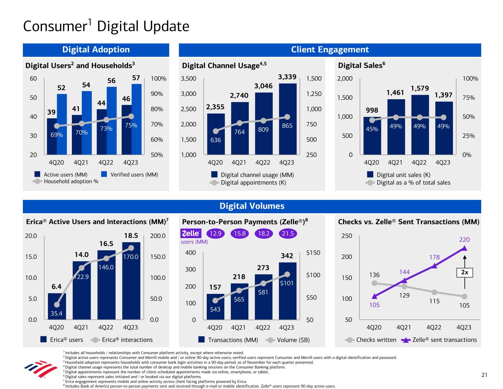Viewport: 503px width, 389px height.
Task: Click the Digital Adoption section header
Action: [96, 50]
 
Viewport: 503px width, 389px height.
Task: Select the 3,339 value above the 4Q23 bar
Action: [287, 77]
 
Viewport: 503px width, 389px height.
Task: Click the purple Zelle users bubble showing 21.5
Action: [287, 233]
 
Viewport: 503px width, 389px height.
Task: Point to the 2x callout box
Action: [464, 272]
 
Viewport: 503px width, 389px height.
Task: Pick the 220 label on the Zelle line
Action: [464, 240]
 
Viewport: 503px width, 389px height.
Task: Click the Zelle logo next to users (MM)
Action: [191, 233]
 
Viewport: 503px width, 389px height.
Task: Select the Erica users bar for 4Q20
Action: [57, 306]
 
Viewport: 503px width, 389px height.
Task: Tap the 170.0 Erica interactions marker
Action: [131, 248]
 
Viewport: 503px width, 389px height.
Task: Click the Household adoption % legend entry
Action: [67, 181]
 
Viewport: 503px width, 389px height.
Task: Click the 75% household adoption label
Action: [131, 125]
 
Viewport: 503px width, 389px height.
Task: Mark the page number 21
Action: [484, 375]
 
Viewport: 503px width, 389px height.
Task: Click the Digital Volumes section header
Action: [252, 206]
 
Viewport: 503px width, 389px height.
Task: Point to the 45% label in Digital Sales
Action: [372, 129]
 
